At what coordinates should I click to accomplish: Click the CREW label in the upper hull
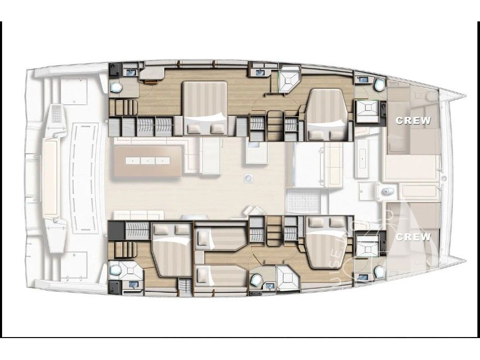point(413,121)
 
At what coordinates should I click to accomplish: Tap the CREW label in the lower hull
point(413,237)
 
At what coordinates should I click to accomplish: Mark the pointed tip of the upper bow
point(464,95)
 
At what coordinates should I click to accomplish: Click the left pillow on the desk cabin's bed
point(194,127)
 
